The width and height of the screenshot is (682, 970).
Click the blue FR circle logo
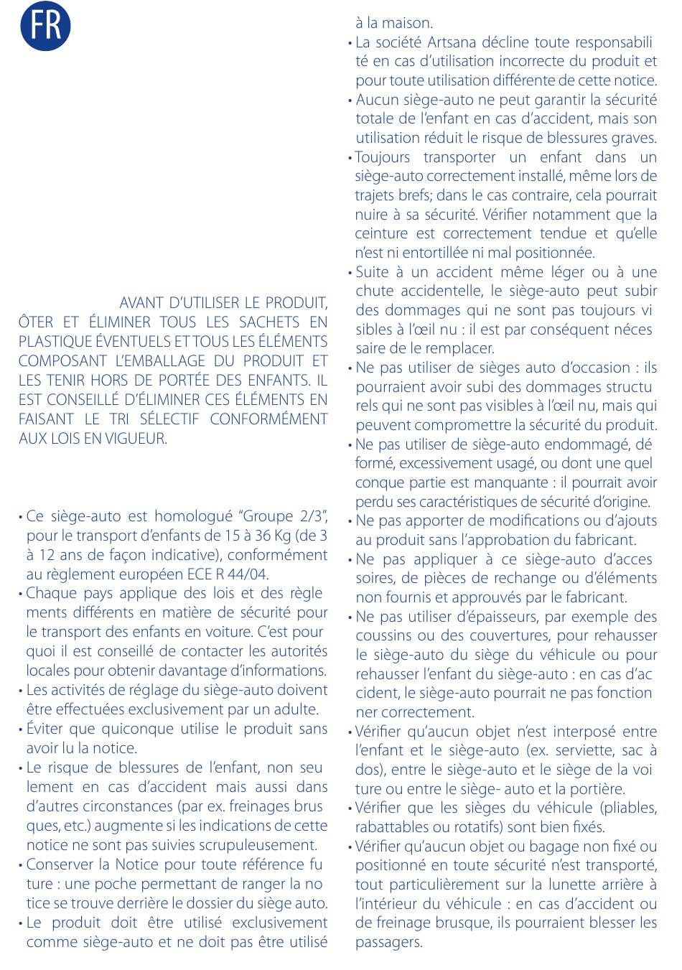pos(45,26)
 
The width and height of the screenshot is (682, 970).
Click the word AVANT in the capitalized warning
pos(141,303)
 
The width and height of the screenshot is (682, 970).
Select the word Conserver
pos(58,864)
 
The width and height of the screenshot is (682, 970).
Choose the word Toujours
pos(383,157)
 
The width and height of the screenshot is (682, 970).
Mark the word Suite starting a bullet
pos(372,272)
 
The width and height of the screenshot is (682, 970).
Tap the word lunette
pos(556,885)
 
